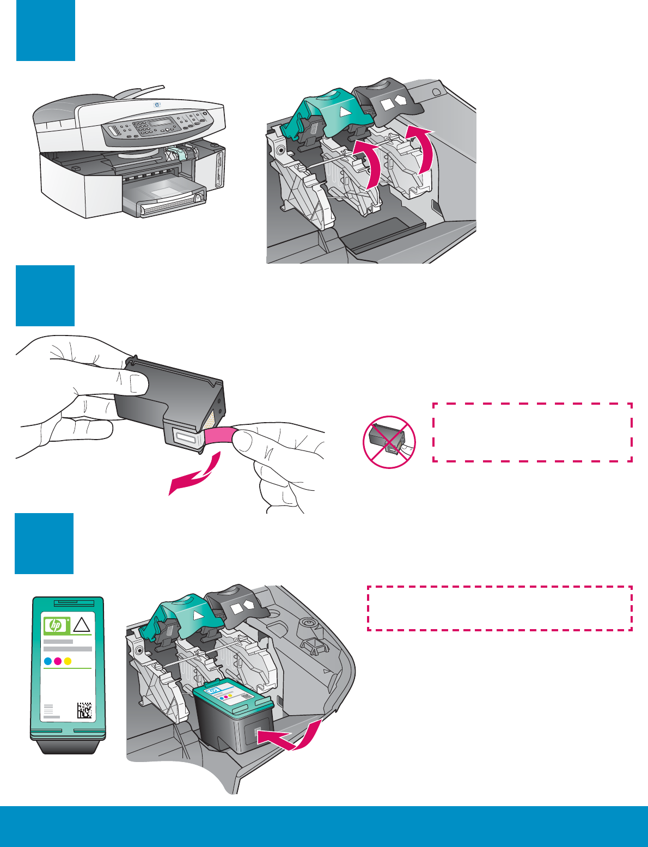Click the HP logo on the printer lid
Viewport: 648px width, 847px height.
point(157,105)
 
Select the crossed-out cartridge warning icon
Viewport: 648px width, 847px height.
point(389,442)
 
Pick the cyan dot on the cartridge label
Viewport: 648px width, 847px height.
point(47,661)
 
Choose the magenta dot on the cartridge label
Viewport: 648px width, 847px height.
point(58,661)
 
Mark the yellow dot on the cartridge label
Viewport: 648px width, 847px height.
point(68,661)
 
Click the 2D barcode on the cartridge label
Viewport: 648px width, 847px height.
point(84,710)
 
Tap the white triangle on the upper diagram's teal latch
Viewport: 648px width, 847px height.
point(343,112)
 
